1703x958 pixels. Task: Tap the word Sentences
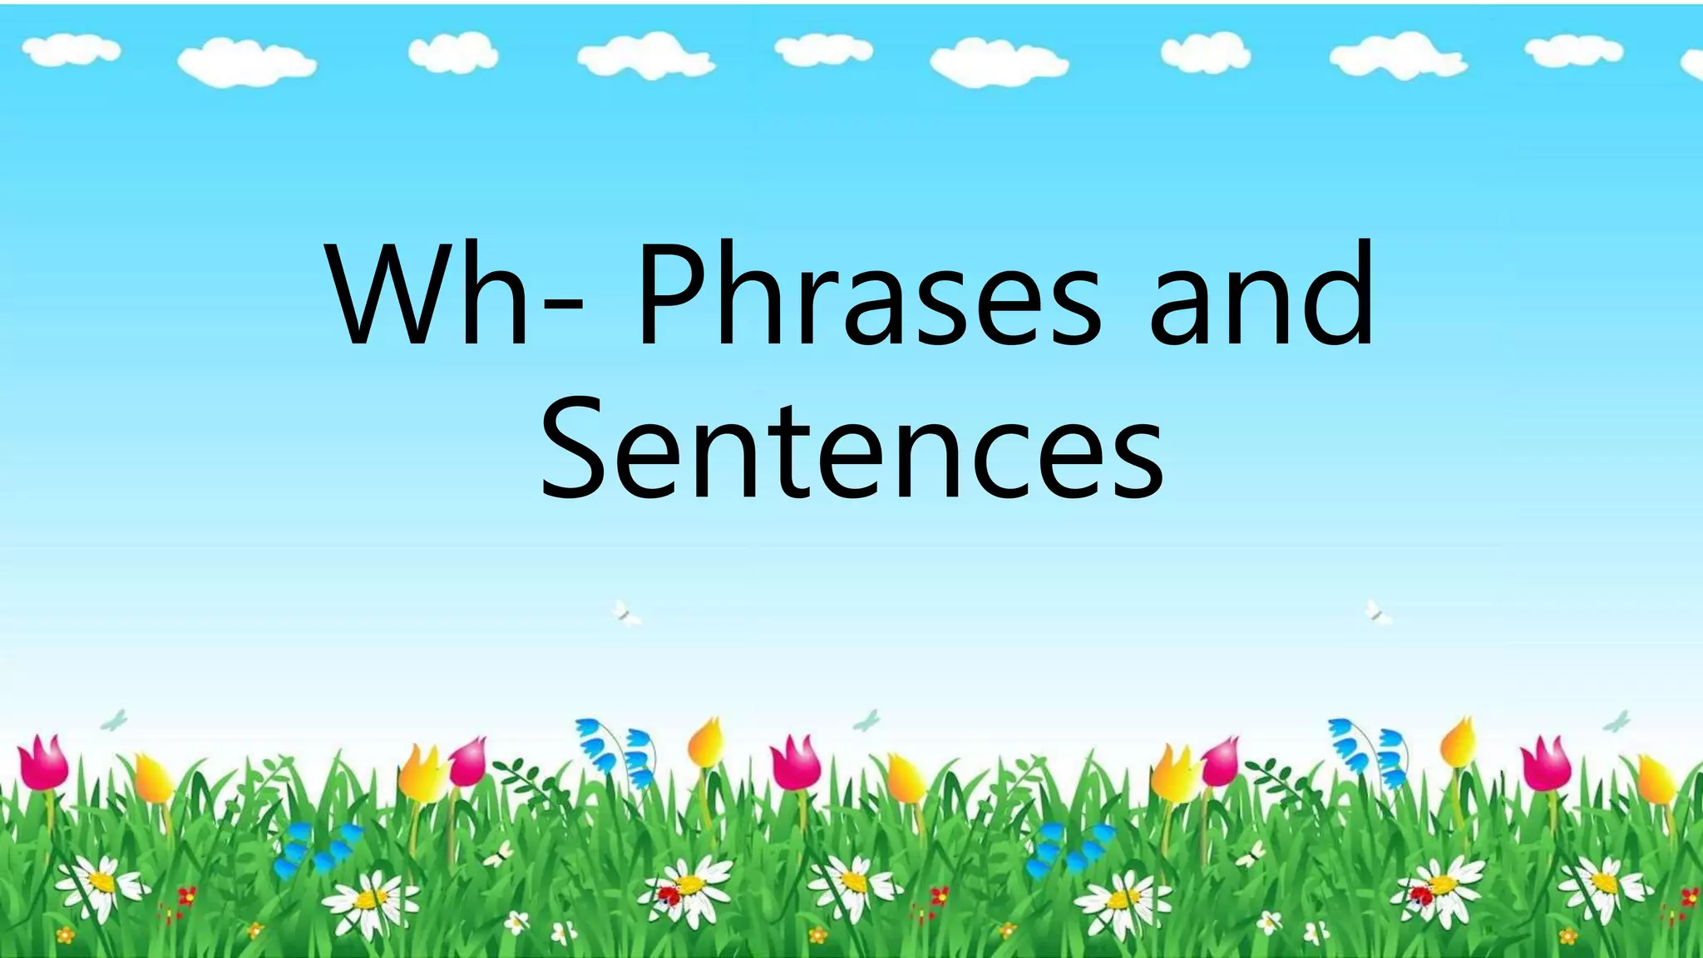(x=851, y=449)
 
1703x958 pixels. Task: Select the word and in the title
(x=1262, y=295)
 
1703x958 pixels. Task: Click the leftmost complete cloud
(x=71, y=52)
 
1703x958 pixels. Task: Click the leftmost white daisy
(x=100, y=883)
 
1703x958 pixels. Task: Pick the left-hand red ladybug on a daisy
(x=669, y=895)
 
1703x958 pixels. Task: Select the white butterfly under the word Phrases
(x=626, y=614)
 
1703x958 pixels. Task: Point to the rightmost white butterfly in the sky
(x=1378, y=613)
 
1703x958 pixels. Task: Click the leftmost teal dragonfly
(x=114, y=720)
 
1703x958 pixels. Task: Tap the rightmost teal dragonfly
(x=1617, y=721)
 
